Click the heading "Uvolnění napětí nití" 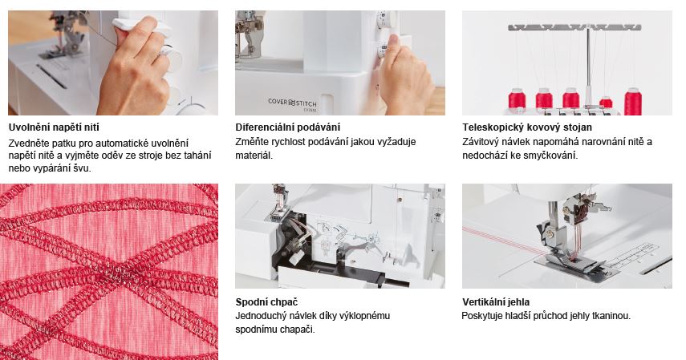[54, 127]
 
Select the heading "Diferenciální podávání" [287, 127]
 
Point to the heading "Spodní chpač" [266, 301]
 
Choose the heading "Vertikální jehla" [496, 301]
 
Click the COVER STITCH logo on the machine [292, 103]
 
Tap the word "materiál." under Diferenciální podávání [254, 156]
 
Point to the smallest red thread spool [606, 103]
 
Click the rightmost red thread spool [632, 102]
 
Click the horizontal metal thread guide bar [574, 27]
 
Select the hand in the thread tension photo [136, 66]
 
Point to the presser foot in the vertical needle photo [573, 261]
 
